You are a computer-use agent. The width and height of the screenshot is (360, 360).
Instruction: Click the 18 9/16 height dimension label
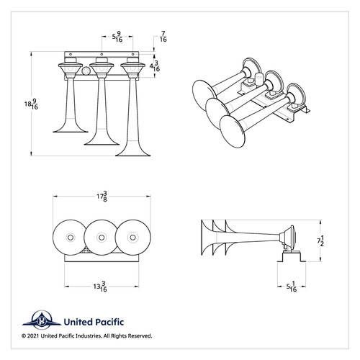click(31, 104)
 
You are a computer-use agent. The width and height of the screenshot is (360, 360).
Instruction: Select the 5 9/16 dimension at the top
click(117, 37)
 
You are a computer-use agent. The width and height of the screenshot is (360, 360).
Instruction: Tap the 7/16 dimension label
click(163, 37)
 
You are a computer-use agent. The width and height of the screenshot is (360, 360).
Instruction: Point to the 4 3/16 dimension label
click(155, 66)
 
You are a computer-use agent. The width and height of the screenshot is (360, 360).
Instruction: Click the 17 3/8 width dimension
click(102, 197)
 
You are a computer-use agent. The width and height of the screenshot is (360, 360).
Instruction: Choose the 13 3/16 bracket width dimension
click(100, 287)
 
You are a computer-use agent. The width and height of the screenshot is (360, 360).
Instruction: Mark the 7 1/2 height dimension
click(320, 240)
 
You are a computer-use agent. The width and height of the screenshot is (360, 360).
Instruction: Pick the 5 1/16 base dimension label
click(292, 287)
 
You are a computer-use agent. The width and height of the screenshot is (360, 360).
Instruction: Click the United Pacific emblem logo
click(42, 320)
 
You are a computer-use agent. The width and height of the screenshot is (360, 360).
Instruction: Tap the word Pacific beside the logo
click(109, 322)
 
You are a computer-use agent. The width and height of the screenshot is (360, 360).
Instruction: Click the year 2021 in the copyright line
click(33, 336)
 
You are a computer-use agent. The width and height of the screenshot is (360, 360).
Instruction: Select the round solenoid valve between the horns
click(86, 71)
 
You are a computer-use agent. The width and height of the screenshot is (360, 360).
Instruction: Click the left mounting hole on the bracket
click(71, 54)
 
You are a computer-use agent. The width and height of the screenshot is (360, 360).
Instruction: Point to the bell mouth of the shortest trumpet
click(71, 131)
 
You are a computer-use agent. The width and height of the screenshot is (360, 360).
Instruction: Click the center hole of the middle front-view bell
click(102, 238)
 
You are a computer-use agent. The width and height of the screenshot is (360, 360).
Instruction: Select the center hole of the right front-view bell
click(132, 238)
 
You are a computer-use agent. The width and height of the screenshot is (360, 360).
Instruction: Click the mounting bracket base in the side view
click(292, 256)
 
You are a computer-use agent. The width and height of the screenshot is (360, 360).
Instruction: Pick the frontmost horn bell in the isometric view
click(233, 132)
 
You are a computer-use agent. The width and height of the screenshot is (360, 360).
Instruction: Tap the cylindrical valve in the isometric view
click(259, 79)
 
